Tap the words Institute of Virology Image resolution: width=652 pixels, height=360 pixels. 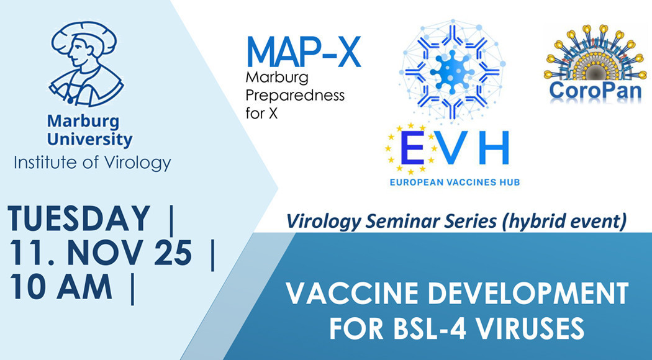click(92, 163)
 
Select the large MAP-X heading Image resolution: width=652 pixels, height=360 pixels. click(304, 53)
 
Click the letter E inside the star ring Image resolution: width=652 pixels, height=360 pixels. click(410, 150)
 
